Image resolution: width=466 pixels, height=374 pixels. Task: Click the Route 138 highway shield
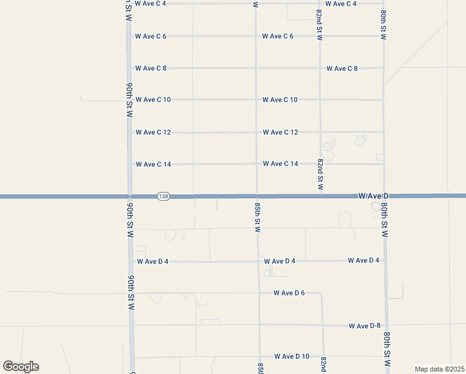point(163,196)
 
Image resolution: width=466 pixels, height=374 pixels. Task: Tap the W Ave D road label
point(373,196)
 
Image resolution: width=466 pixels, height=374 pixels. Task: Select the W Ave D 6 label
point(289,293)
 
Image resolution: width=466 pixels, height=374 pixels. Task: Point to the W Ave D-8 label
point(364,326)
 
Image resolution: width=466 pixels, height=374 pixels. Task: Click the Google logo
point(21,367)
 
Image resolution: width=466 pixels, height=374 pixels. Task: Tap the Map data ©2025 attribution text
point(439,369)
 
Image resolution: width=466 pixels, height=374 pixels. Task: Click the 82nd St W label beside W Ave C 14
point(320,174)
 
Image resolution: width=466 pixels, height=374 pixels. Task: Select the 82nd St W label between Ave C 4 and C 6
point(319,25)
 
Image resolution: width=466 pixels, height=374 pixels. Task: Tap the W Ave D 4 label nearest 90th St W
point(153,262)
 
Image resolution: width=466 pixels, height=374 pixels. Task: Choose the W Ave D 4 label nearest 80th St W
point(364,261)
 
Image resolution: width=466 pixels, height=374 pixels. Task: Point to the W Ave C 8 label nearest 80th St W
point(342,69)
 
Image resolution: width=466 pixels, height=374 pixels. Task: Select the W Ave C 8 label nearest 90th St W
point(151,69)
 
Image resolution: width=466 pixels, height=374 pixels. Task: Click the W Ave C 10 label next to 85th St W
point(280,100)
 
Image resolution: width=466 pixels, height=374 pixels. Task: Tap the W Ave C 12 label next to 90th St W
point(153,132)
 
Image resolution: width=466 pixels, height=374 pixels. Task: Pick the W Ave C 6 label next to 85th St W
point(278,36)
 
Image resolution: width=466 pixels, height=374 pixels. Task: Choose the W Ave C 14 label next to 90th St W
point(153,165)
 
